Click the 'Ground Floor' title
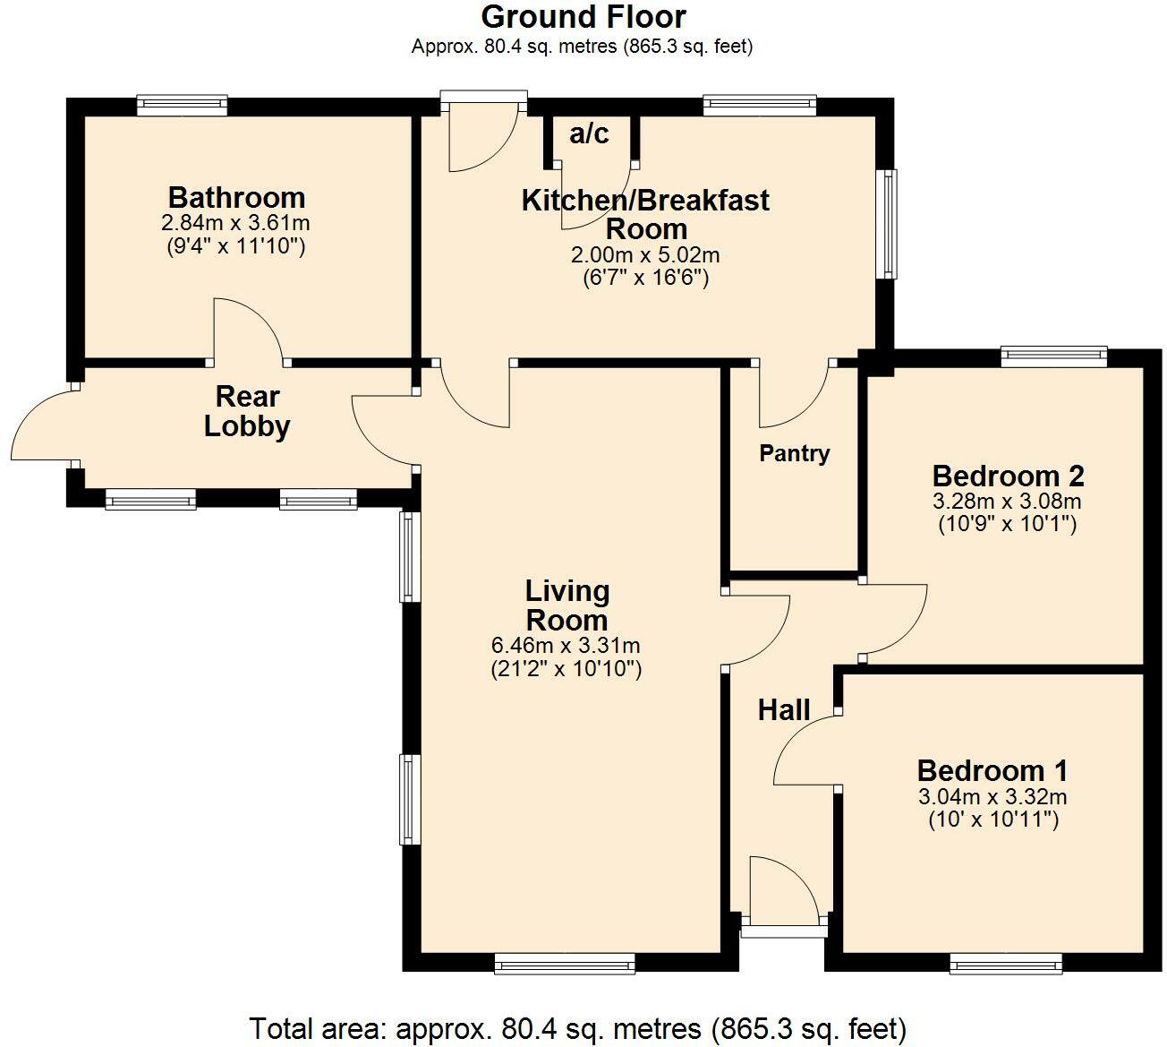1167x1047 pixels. (x=583, y=17)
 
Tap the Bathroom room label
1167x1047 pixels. (x=236, y=197)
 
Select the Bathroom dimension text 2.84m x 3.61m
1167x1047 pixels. (x=236, y=222)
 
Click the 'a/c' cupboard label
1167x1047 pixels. (x=590, y=134)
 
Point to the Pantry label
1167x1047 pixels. (x=794, y=453)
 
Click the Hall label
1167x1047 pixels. (x=784, y=710)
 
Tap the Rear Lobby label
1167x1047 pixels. (x=247, y=411)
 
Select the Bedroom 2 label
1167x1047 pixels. (x=1008, y=475)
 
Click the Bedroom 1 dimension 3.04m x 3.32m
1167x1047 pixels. (x=992, y=796)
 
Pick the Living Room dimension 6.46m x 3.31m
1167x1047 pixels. (x=566, y=645)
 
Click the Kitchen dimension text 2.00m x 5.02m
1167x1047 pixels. (x=645, y=255)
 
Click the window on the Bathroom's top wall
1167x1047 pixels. (x=182, y=106)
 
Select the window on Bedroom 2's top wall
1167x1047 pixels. (x=1053, y=357)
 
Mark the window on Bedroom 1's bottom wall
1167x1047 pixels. (x=1005, y=964)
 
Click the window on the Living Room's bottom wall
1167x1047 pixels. (x=564, y=964)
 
